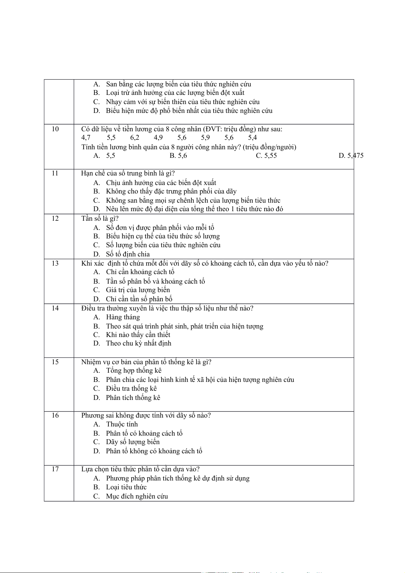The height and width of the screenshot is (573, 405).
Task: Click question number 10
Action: (55, 129)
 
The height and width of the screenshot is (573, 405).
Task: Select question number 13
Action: (55, 263)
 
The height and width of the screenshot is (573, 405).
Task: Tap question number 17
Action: (55, 469)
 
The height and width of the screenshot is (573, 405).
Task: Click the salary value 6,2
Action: (135, 138)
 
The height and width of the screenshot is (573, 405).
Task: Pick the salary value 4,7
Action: (86, 138)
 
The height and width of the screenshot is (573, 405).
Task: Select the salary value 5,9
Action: (205, 138)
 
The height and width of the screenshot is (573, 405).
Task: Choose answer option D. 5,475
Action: (351, 156)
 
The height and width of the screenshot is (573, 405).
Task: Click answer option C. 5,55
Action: (266, 156)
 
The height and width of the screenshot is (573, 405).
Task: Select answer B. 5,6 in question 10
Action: (178, 156)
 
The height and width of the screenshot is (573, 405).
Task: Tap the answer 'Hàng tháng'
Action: (123, 317)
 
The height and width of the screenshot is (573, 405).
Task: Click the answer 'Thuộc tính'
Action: (122, 424)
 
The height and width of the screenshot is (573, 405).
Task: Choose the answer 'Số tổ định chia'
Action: (128, 254)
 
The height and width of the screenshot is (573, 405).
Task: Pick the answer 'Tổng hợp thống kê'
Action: (134, 371)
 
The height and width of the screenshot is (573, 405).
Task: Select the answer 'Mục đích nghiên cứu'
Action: (137, 496)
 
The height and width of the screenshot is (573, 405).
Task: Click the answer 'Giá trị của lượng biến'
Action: (138, 290)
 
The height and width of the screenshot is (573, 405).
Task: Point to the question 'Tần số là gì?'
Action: (100, 218)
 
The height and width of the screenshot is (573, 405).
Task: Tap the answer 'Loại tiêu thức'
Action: (126, 487)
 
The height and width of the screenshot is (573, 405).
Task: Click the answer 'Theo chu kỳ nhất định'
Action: (138, 343)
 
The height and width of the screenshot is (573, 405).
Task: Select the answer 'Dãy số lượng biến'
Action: (133, 442)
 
